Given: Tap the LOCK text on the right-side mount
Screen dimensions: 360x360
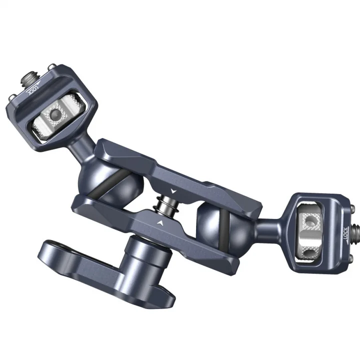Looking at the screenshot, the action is click(x=345, y=233).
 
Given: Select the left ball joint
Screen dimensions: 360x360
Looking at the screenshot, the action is click(x=110, y=185).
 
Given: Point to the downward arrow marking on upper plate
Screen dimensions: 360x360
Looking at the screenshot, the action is click(x=173, y=191).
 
